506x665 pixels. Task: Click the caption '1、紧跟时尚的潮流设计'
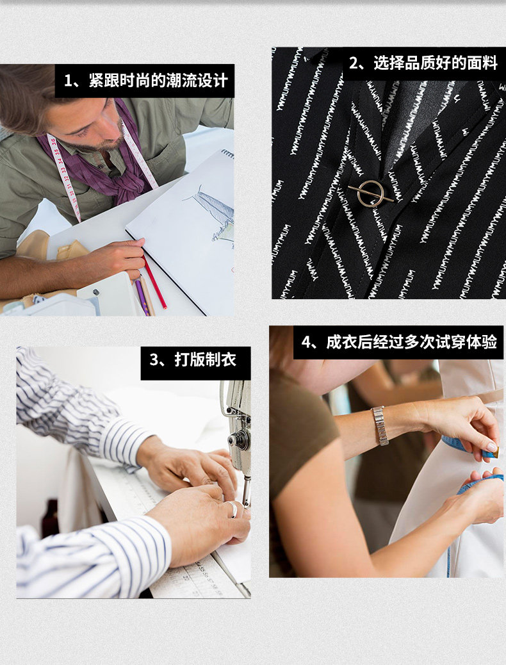pyautogui.click(x=145, y=81)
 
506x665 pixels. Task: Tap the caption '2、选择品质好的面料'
pyautogui.click(x=423, y=63)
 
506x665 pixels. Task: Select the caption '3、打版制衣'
pyautogui.click(x=193, y=359)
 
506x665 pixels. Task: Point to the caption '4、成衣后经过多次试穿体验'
pyautogui.click(x=398, y=342)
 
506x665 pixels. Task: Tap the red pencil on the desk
pyautogui.click(x=154, y=282)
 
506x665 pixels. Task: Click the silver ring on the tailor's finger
pyautogui.click(x=233, y=509)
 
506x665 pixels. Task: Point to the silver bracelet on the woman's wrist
pyautogui.click(x=380, y=425)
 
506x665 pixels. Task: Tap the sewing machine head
pyautogui.click(x=238, y=424)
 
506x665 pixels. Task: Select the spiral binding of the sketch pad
pyautogui.click(x=228, y=154)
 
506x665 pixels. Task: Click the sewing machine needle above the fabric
pyautogui.click(x=247, y=492)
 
